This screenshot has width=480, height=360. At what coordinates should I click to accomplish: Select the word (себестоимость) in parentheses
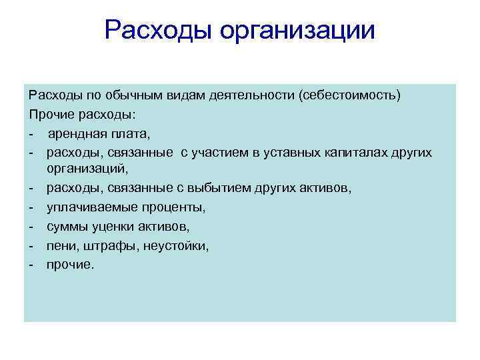pyautogui.click(x=351, y=95)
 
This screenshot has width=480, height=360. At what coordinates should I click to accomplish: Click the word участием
pyautogui.click(x=217, y=153)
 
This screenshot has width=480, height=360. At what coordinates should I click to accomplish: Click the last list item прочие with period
pyautogui.click(x=71, y=265)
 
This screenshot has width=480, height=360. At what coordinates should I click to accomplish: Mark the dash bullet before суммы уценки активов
pyautogui.click(x=31, y=227)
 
